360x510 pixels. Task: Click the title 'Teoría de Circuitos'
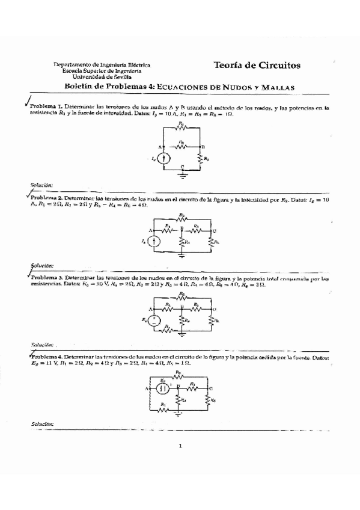coord(257,65)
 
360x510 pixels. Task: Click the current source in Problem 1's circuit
coord(167,159)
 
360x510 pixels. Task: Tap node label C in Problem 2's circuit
coord(215,231)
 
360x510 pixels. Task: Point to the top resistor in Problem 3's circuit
coord(182,296)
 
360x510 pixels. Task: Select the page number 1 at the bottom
coord(180,446)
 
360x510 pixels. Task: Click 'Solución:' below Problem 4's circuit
coord(43,424)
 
